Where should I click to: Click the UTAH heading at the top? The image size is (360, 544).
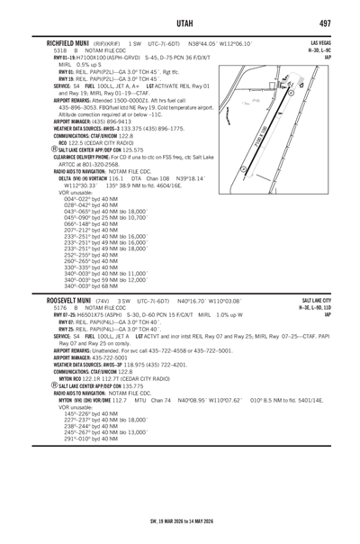180,20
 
